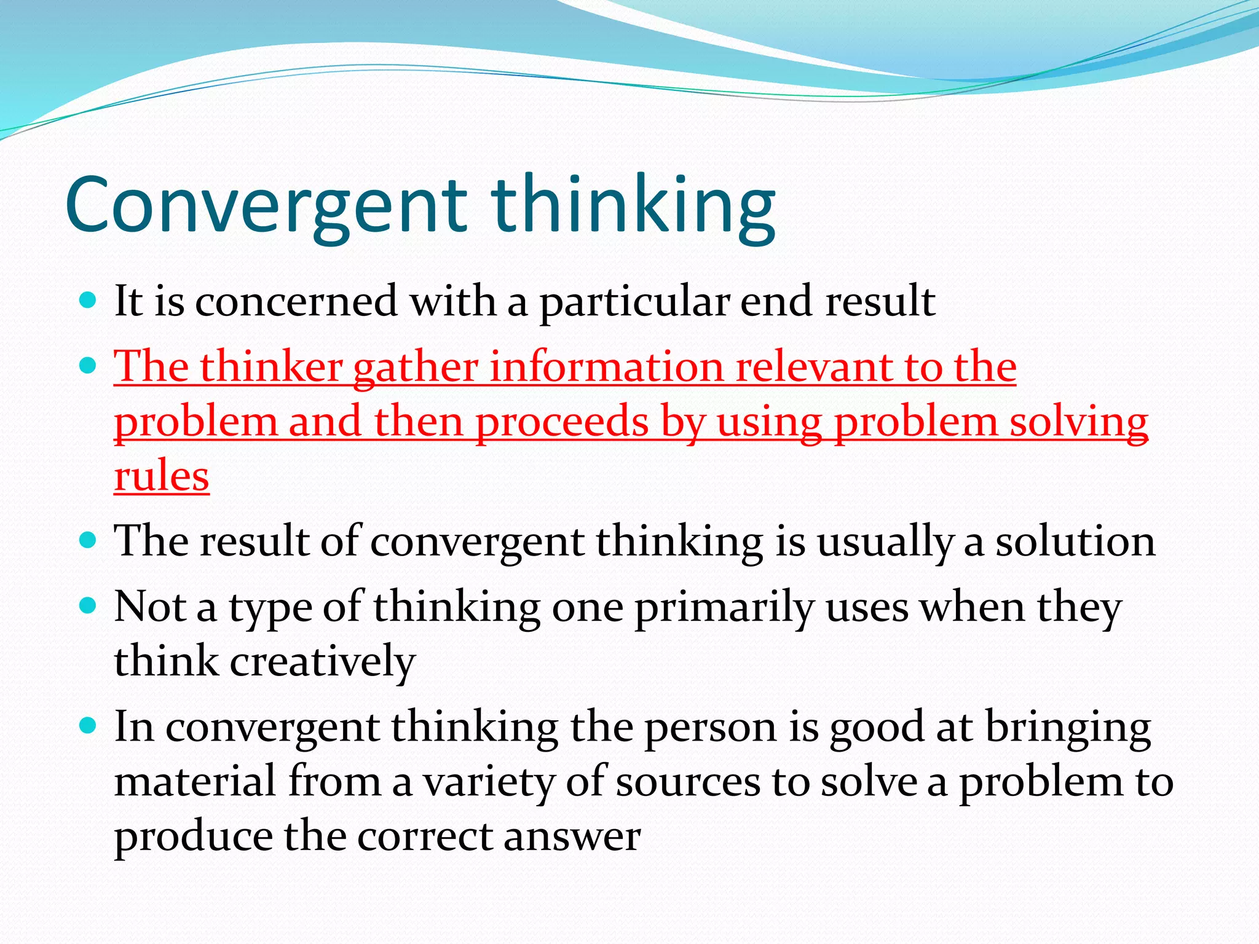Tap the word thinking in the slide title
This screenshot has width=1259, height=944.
point(633,205)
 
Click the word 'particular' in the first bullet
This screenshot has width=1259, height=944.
point(634,302)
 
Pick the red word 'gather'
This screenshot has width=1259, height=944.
point(416,368)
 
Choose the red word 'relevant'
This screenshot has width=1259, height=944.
point(814,367)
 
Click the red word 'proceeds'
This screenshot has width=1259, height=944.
point(562,423)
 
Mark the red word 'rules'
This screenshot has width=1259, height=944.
point(162,476)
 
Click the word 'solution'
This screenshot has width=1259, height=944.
point(1075,541)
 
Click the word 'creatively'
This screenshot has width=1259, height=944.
point(323,662)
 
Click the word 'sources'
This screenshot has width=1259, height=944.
point(688,782)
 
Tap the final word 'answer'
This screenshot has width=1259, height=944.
point(572,836)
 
